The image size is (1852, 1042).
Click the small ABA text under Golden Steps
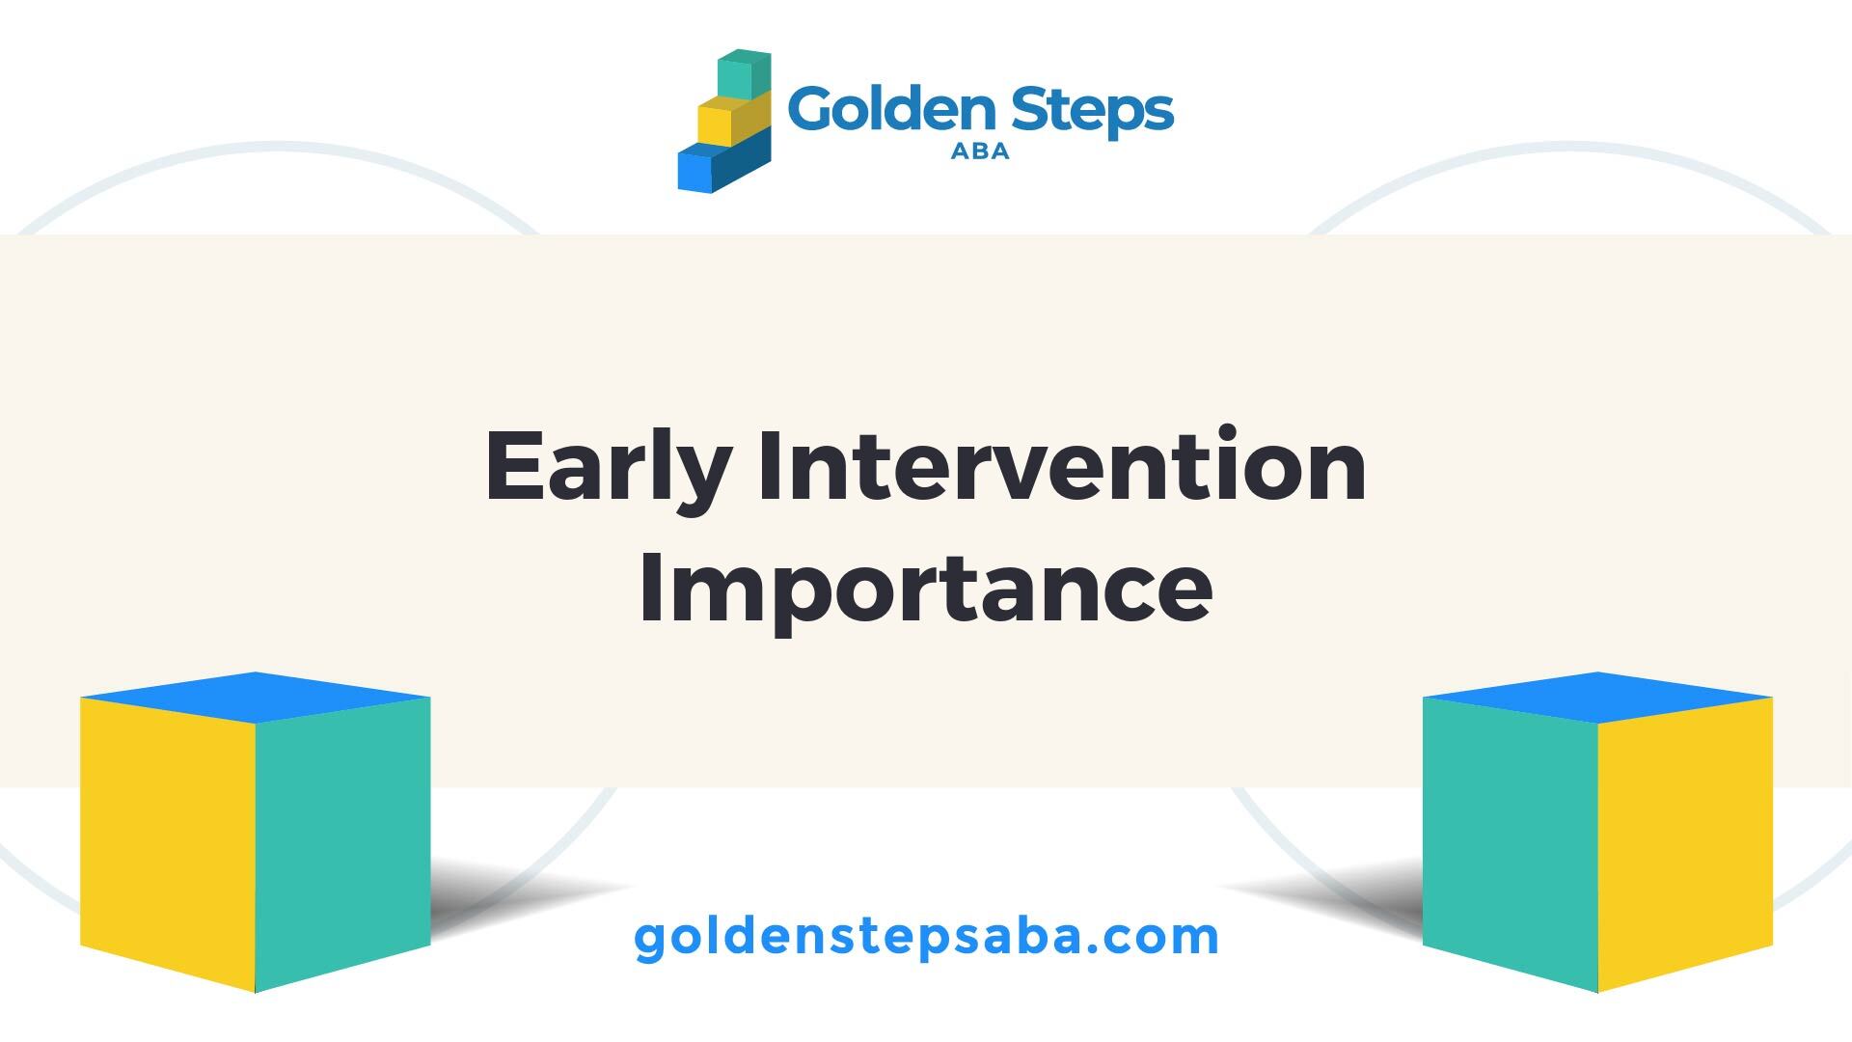tap(980, 151)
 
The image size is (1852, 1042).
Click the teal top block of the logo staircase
tap(744, 74)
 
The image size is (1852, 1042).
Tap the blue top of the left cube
tap(255, 697)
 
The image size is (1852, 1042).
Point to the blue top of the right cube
tap(1597, 697)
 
